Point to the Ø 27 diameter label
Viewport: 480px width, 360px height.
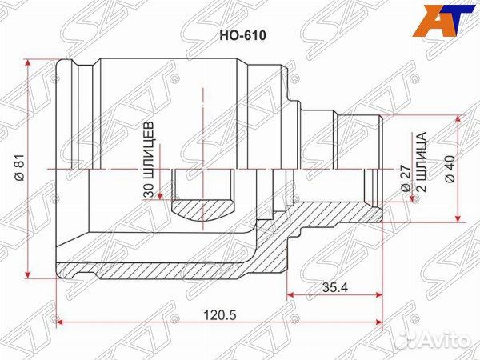[406, 177]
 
